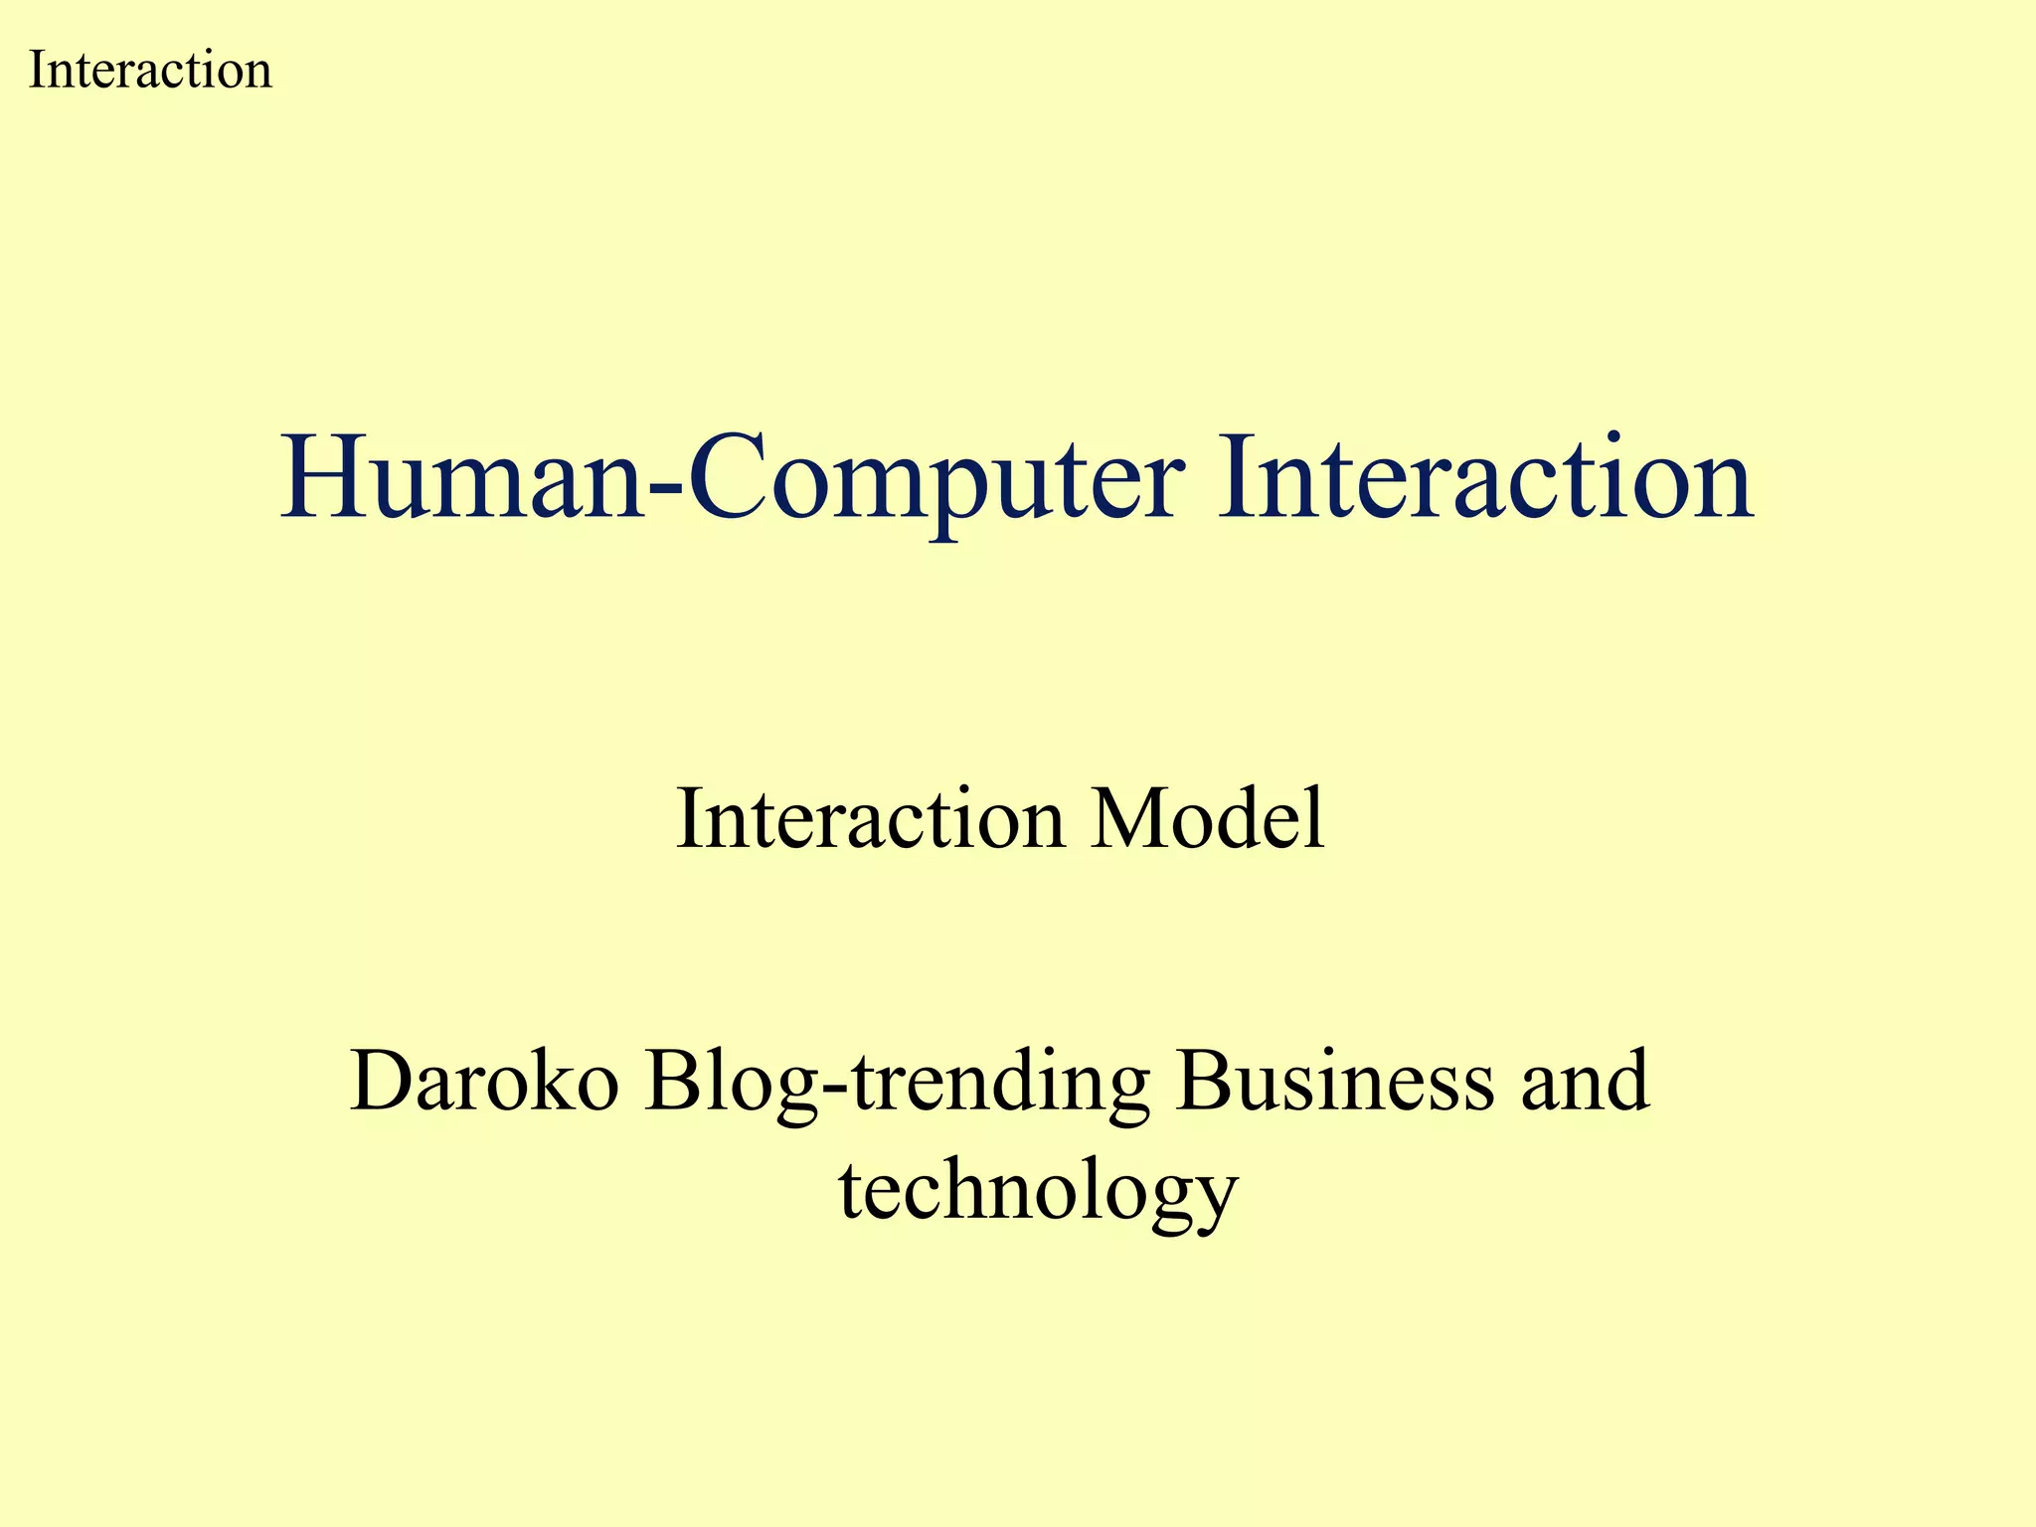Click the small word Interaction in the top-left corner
[x=150, y=71]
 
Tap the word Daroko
[x=485, y=1081]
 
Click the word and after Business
[x=1585, y=1081]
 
